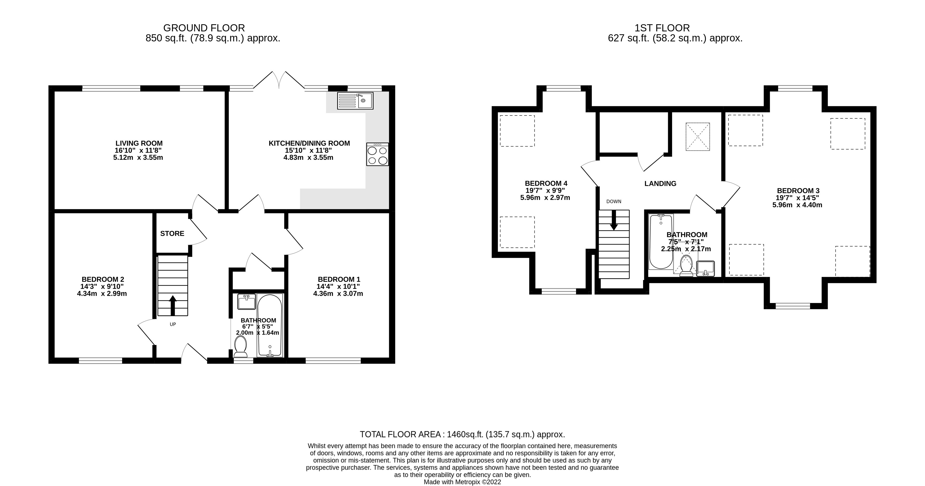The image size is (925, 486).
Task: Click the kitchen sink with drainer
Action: pyautogui.click(x=355, y=100)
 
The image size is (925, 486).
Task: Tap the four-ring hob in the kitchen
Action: pyautogui.click(x=377, y=154)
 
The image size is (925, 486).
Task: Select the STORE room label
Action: pyautogui.click(x=172, y=234)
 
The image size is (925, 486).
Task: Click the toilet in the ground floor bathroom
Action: pyautogui.click(x=240, y=347)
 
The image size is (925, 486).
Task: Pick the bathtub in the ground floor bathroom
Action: pyautogui.click(x=270, y=325)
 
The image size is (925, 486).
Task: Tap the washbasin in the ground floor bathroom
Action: pyautogui.click(x=247, y=301)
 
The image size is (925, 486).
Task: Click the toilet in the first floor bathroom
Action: pyautogui.click(x=687, y=266)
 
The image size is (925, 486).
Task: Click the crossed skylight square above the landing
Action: pyautogui.click(x=698, y=137)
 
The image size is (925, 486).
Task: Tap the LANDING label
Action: pyautogui.click(x=660, y=184)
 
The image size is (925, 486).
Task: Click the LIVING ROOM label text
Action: pyautogui.click(x=139, y=143)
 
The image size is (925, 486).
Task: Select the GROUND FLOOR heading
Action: pyautogui.click(x=204, y=28)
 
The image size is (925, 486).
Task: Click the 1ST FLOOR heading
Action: pyautogui.click(x=662, y=28)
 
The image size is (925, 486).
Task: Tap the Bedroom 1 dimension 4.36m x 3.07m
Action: pyautogui.click(x=338, y=293)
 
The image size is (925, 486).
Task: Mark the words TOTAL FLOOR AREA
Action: pyautogui.click(x=400, y=434)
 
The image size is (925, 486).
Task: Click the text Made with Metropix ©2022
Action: pyautogui.click(x=463, y=482)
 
